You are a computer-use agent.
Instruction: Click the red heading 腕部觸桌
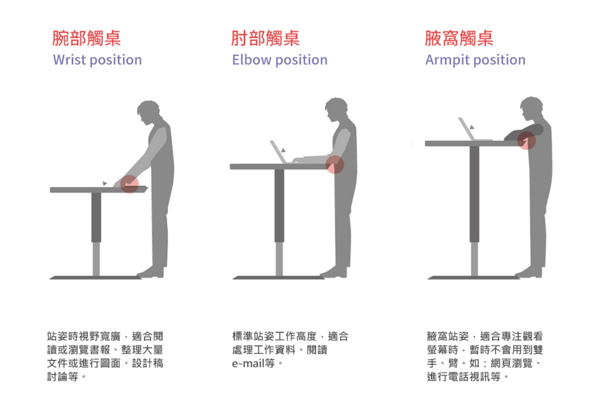[86, 38]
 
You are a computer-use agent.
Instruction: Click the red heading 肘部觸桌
[265, 38]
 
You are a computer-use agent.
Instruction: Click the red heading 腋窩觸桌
[459, 38]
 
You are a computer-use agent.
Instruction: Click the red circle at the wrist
[129, 184]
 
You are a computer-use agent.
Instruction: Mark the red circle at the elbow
[335, 165]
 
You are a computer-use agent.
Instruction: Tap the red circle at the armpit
[526, 140]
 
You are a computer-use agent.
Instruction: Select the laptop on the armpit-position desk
[471, 129]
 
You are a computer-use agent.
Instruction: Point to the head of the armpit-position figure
[531, 108]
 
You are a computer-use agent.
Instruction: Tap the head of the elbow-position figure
[336, 109]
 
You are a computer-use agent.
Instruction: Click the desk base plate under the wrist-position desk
[96, 277]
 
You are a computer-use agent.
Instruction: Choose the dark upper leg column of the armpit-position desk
[474, 194]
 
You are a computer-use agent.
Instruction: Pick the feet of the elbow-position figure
[334, 273]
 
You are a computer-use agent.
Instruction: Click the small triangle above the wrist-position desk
[105, 183]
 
